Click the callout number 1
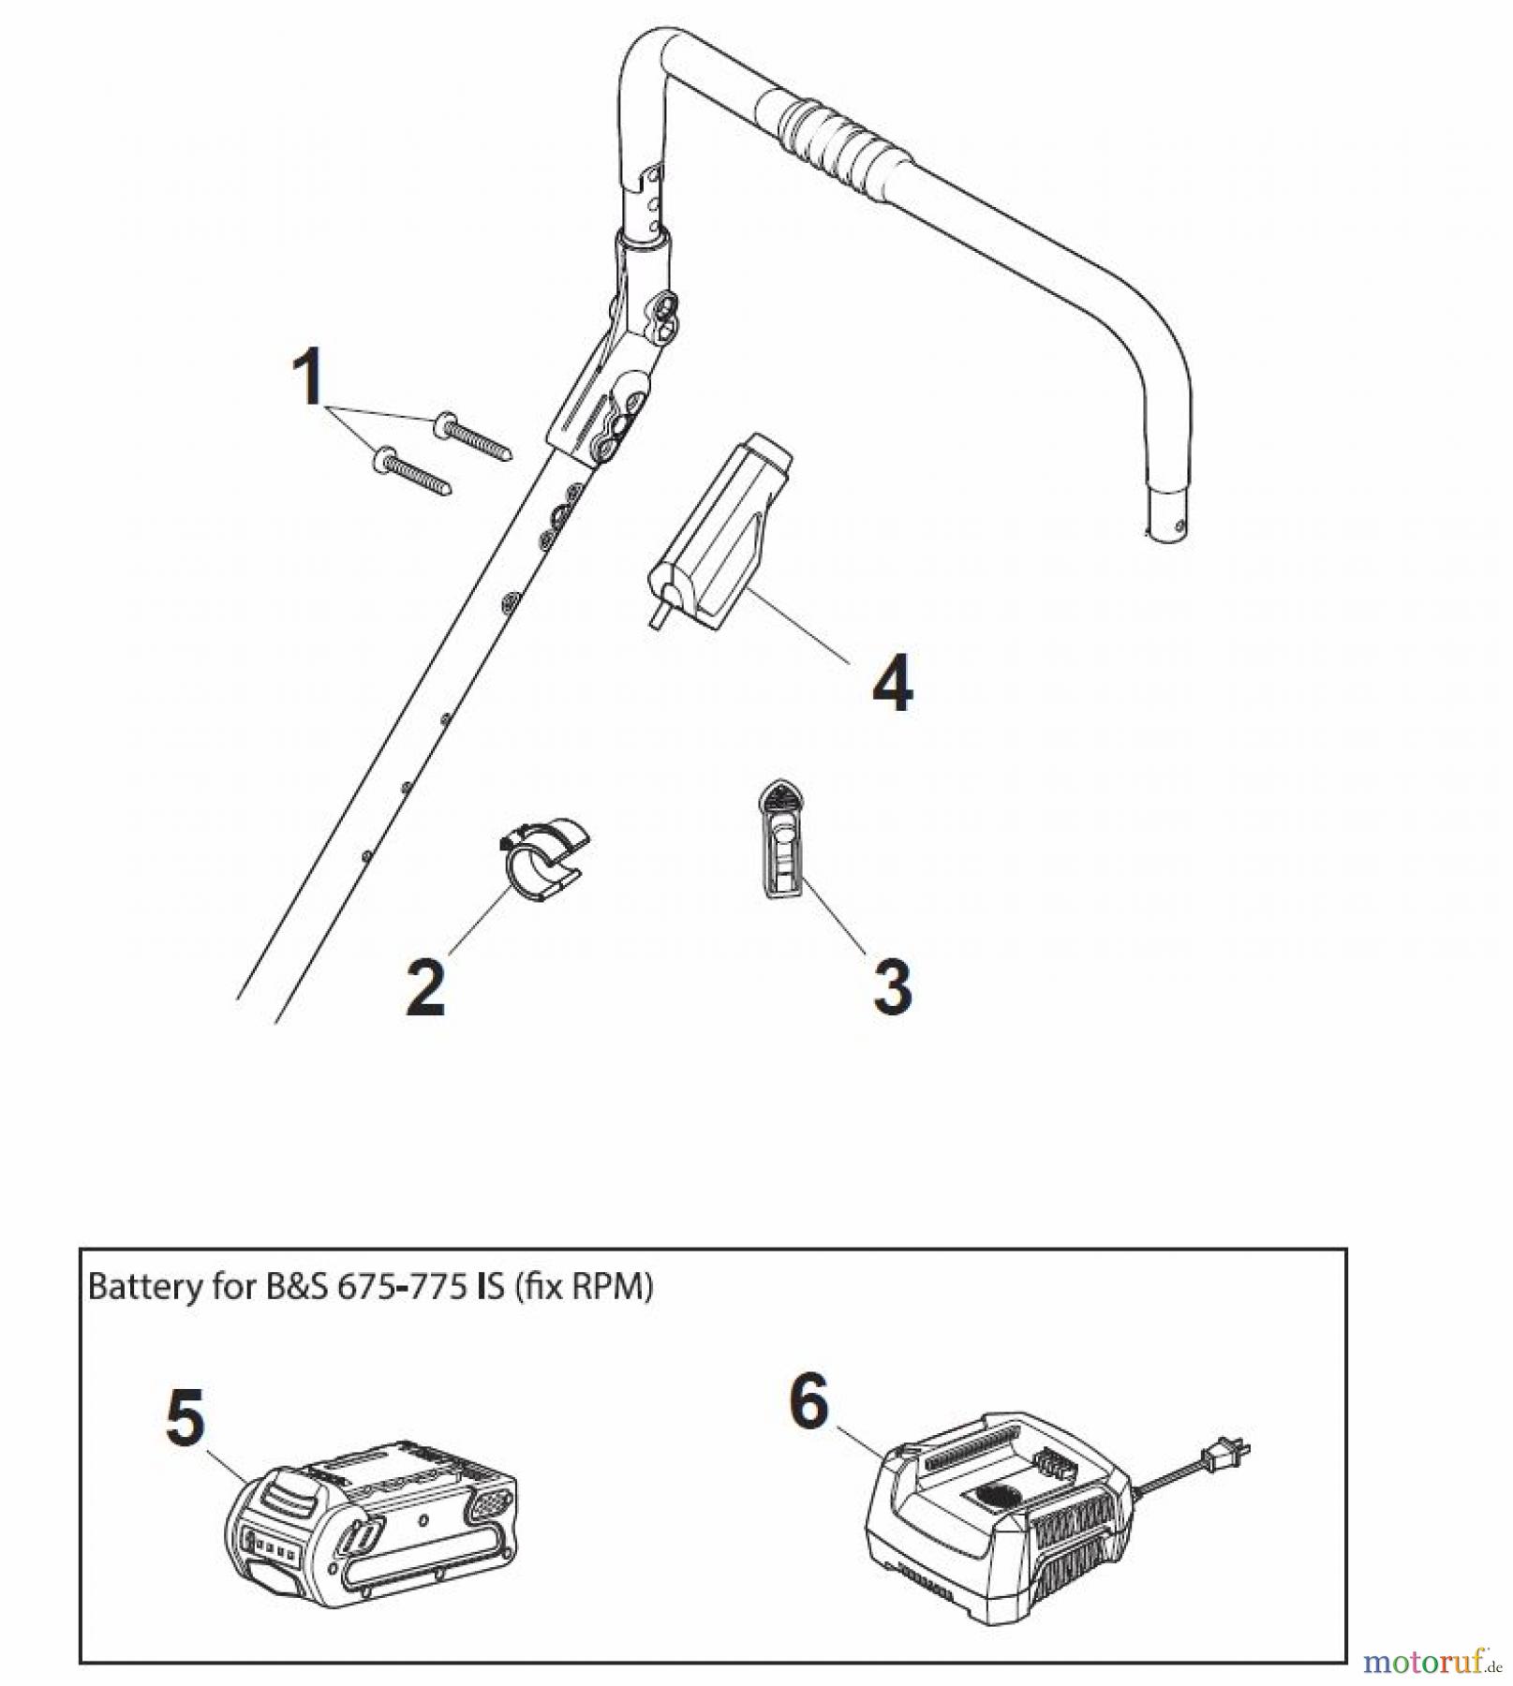pyautogui.click(x=308, y=377)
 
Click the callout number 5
pyautogui.click(x=185, y=1417)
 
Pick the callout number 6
pyautogui.click(x=809, y=1401)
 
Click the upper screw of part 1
pyautogui.click(x=473, y=437)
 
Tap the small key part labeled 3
pyautogui.click(x=779, y=840)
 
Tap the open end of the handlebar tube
pyautogui.click(x=1166, y=525)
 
